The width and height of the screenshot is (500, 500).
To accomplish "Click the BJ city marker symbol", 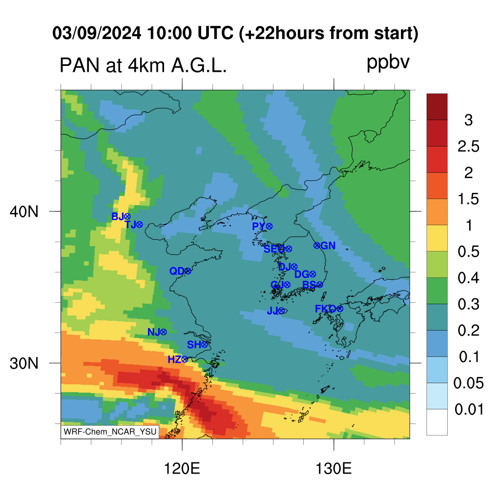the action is click(127, 217).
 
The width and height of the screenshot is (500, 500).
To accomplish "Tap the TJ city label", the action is click(130, 225).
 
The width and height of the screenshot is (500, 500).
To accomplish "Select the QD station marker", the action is click(188, 271).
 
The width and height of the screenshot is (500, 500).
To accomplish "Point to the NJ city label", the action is click(153, 332).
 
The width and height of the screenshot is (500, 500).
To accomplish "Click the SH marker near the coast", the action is click(205, 344).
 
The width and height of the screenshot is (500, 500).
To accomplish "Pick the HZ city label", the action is click(174, 360).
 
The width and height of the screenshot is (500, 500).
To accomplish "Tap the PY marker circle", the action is click(269, 227).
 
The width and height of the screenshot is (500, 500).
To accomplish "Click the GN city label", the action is click(328, 246).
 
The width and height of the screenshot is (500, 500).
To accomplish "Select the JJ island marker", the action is click(281, 311).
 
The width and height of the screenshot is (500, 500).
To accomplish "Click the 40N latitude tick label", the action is click(24, 212).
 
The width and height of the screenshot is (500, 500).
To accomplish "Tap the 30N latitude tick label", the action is click(24, 363).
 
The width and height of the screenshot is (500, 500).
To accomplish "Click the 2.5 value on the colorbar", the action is click(468, 146).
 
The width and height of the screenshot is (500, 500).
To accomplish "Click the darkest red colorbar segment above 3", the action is click(437, 106).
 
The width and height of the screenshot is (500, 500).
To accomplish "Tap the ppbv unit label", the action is click(388, 63).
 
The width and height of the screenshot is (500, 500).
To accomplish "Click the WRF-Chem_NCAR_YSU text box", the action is click(110, 432).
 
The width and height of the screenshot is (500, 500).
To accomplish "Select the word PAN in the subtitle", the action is click(80, 66).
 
